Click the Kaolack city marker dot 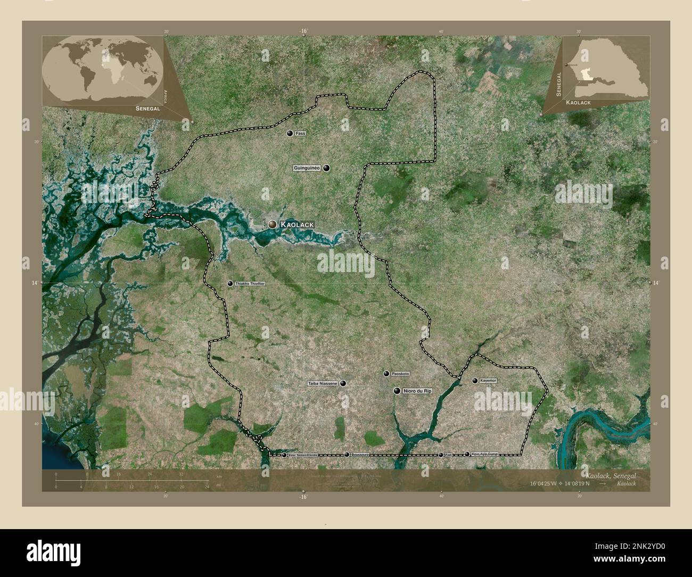[x=273, y=225]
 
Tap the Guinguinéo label [x=306, y=168]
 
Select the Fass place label [x=301, y=133]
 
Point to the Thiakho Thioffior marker [x=230, y=284]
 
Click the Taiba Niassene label [x=323, y=383]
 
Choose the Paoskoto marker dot [x=386, y=374]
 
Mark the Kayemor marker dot [x=475, y=381]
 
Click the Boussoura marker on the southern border [x=347, y=455]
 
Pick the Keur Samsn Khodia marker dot [x=284, y=455]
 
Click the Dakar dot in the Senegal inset [x=566, y=65]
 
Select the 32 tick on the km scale [x=182, y=476]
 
